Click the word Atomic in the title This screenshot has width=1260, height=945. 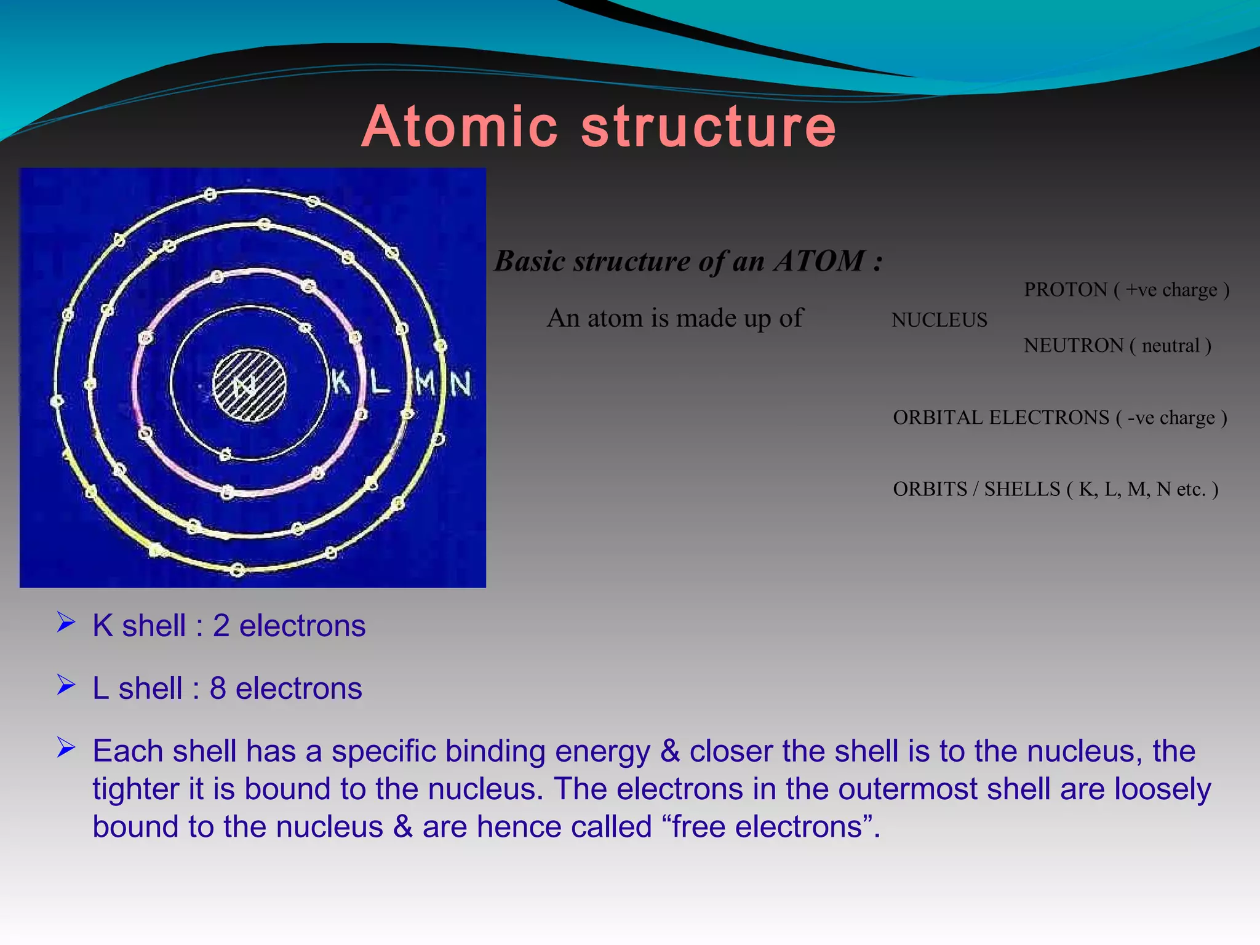tap(460, 127)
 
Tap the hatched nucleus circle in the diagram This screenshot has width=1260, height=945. tap(249, 386)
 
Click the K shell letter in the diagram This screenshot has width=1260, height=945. tap(340, 382)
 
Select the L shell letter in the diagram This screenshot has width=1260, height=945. tap(380, 382)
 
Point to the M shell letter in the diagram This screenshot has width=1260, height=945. tap(425, 382)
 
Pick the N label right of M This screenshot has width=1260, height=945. tap(461, 383)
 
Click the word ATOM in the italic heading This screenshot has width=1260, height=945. tap(819, 261)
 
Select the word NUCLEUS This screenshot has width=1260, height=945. tap(939, 320)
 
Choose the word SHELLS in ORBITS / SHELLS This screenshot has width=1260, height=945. tap(1022, 489)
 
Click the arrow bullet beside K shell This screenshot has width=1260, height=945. tap(66, 623)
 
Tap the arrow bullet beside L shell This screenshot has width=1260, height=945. tap(66, 685)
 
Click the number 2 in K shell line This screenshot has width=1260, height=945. tap(221, 626)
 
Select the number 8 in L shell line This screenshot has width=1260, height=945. tap(218, 688)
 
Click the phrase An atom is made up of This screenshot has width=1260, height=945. tap(675, 319)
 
